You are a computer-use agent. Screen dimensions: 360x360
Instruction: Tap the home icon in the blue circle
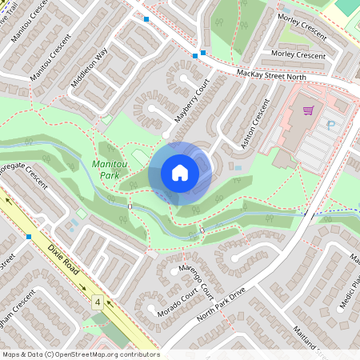(180, 173)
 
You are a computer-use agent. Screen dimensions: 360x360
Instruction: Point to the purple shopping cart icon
(306, 110)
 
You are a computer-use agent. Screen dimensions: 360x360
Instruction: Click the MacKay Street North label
(272, 74)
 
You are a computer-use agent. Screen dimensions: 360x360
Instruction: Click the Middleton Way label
(89, 70)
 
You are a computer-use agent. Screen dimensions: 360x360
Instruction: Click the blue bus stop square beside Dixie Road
(29, 237)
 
